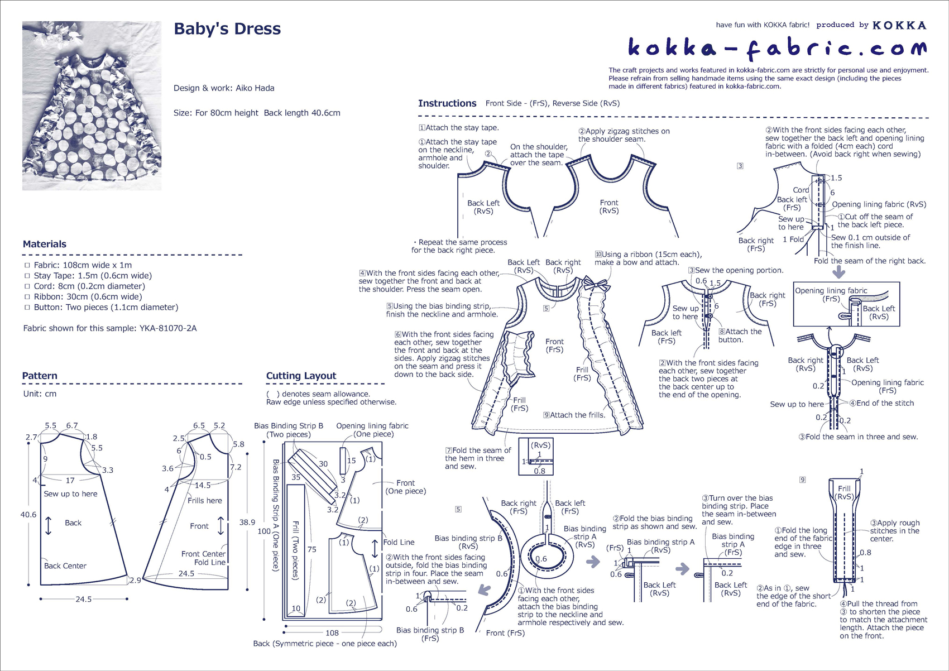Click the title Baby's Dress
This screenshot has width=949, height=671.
click(227, 29)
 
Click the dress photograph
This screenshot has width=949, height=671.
click(92, 106)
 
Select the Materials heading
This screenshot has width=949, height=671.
click(45, 244)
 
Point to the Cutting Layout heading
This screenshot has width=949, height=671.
click(301, 376)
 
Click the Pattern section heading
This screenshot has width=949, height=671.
click(40, 376)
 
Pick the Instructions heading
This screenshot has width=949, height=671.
click(447, 103)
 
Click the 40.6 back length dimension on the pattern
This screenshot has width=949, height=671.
click(28, 515)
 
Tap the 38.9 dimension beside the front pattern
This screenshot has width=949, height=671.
click(247, 523)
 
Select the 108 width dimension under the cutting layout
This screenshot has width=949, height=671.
click(332, 632)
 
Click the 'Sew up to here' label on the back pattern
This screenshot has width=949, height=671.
click(70, 493)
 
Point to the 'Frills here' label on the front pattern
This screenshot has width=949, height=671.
click(204, 500)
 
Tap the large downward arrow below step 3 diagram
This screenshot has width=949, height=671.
click(838, 272)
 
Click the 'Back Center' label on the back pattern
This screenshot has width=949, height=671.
click(65, 565)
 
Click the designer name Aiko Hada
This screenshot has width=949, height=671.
click(255, 88)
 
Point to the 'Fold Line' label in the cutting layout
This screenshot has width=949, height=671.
click(399, 542)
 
